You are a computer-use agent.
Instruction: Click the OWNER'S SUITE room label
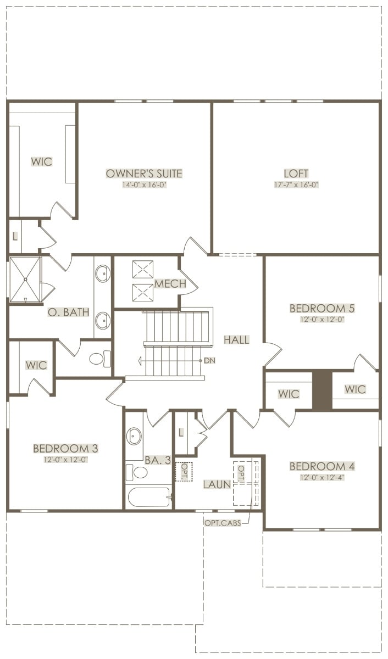click(x=144, y=174)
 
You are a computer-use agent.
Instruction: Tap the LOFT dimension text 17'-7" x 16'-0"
click(x=296, y=185)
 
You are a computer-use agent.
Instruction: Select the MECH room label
click(x=170, y=283)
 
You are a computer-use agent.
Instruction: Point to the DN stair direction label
click(x=209, y=360)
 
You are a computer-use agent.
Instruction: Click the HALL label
click(x=236, y=340)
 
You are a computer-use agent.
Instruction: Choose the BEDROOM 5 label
click(x=322, y=308)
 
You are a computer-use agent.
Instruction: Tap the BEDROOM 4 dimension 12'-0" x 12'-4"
click(x=322, y=477)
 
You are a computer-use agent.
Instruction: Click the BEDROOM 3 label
click(x=65, y=449)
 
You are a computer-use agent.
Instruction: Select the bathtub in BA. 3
click(x=149, y=497)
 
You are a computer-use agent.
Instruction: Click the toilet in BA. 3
click(x=136, y=472)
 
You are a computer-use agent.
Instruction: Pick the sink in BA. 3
click(x=134, y=435)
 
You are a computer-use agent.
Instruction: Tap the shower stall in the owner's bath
click(x=25, y=279)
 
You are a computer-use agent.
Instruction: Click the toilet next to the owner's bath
click(x=100, y=359)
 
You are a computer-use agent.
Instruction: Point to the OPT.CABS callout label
click(x=223, y=522)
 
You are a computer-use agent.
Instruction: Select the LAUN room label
click(x=217, y=484)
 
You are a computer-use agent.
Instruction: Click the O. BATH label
click(x=68, y=312)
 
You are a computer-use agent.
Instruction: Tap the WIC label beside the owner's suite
click(x=42, y=161)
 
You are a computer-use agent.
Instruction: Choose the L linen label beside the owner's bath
click(x=15, y=236)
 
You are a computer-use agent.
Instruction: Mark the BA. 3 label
click(x=158, y=460)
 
